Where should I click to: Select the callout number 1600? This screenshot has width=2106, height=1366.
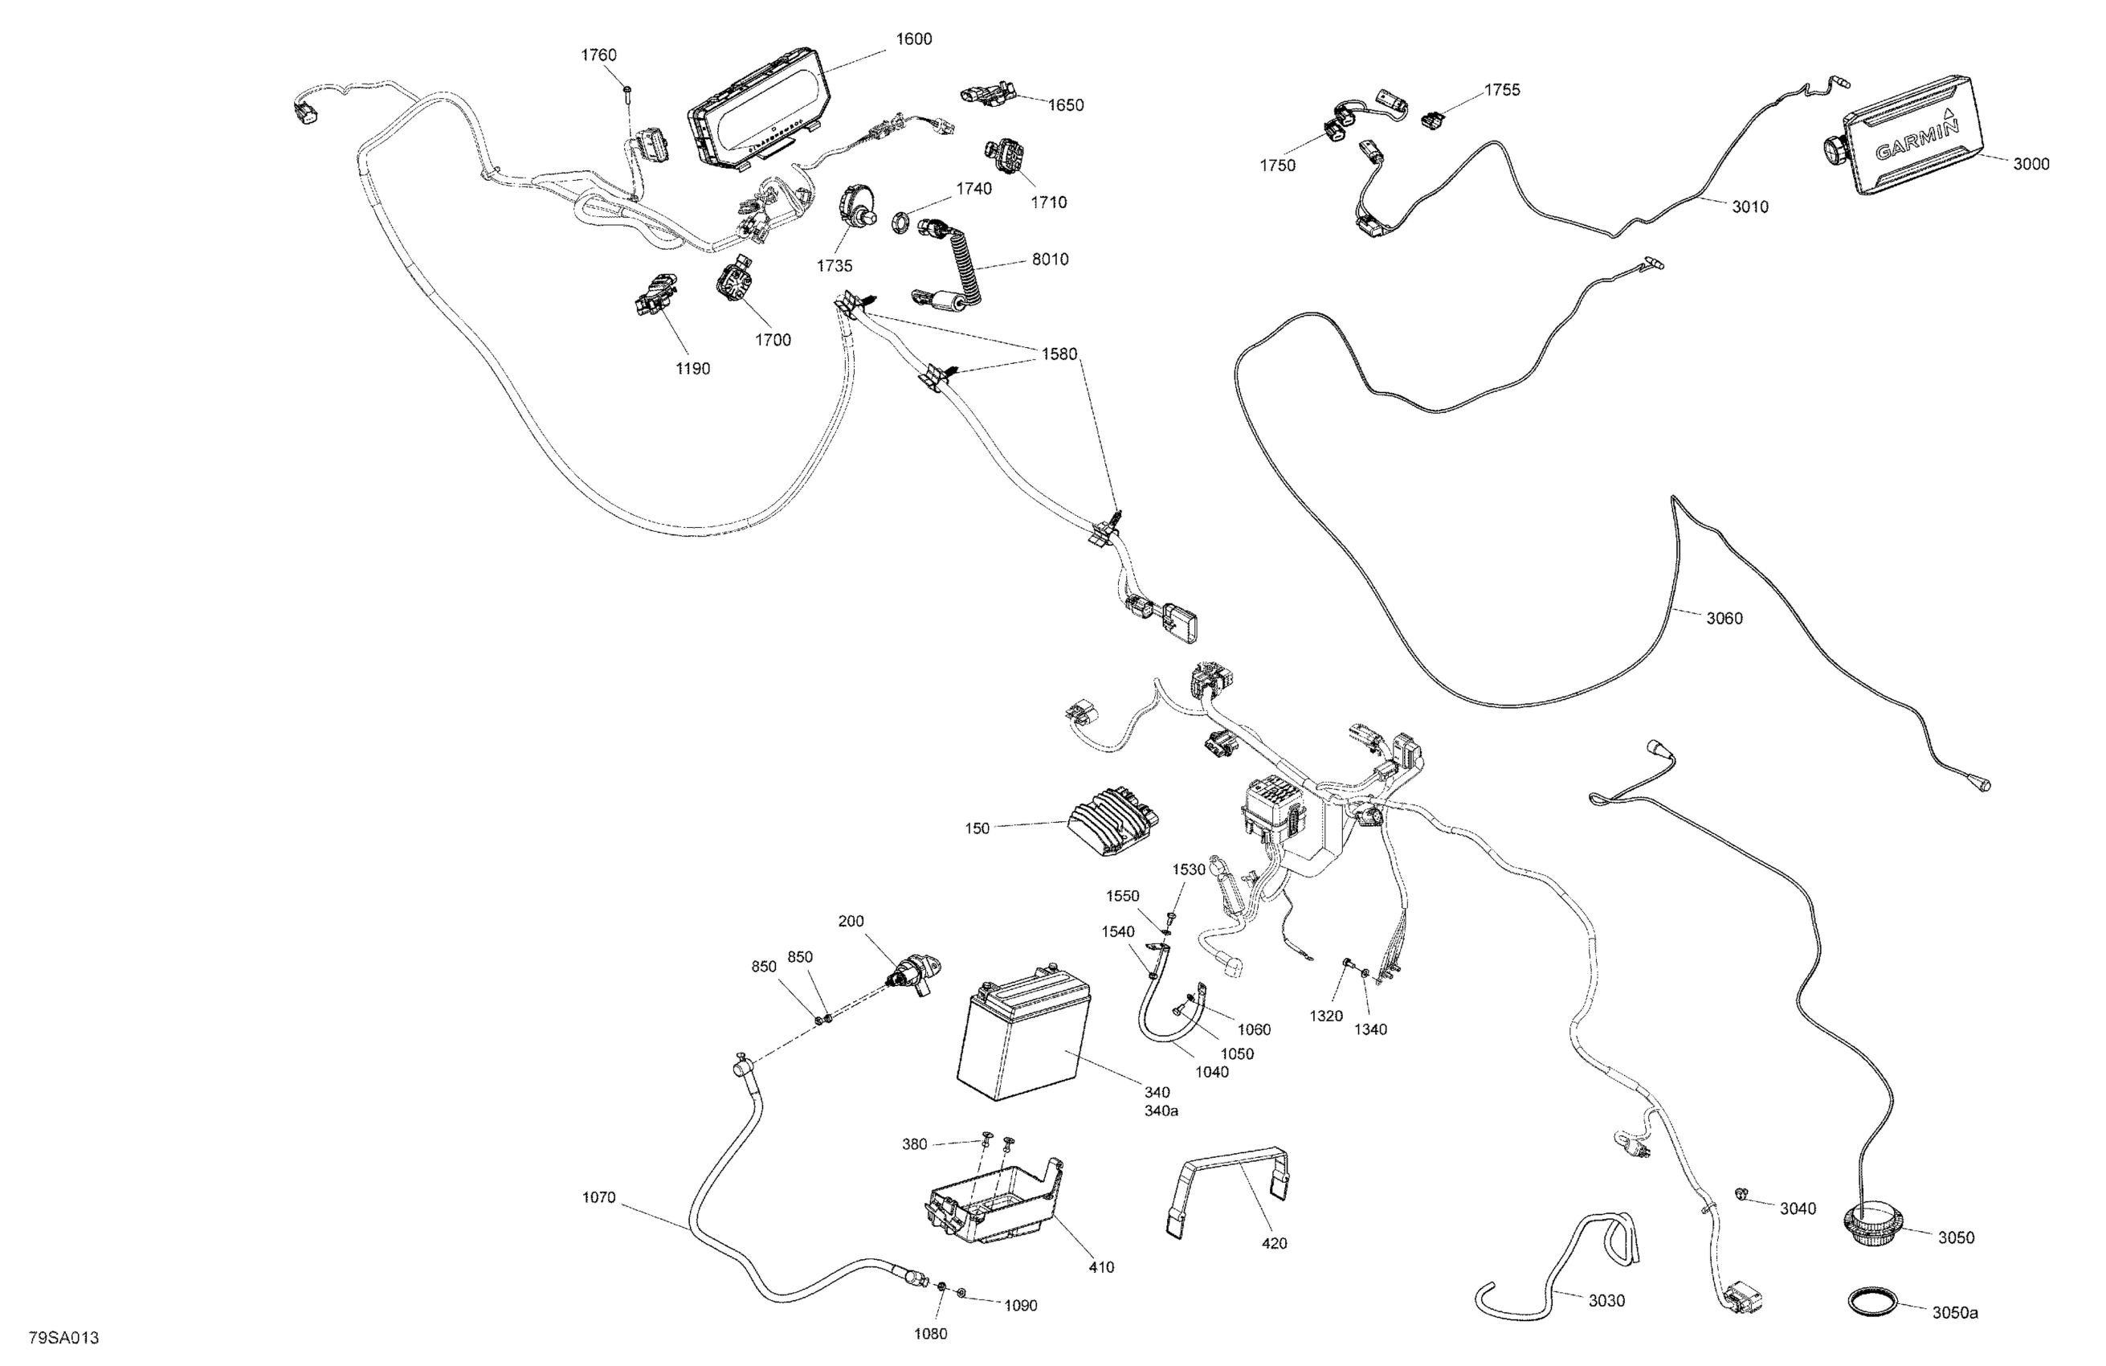click(914, 39)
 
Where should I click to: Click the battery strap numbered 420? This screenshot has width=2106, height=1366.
click(1229, 1190)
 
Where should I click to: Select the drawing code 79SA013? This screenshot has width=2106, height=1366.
click(63, 1337)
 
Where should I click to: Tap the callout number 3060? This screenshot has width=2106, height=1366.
click(1724, 618)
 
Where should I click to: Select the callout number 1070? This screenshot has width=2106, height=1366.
click(598, 1198)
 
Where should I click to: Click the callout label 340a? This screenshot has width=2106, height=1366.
click(1161, 1110)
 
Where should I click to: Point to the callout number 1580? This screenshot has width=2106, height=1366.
click(1059, 354)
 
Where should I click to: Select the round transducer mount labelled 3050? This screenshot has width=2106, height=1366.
click(1871, 1229)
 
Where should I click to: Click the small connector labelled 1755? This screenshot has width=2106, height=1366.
click(1431, 119)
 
